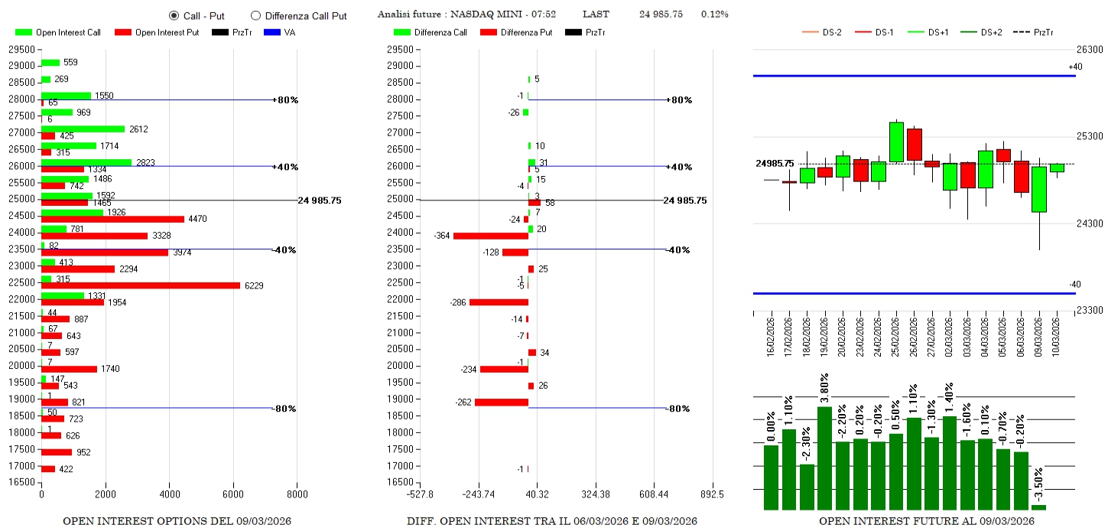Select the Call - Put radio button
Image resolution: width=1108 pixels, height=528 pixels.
point(174,15)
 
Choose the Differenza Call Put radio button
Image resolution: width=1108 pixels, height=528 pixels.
point(256,15)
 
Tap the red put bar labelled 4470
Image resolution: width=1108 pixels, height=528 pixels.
point(112,219)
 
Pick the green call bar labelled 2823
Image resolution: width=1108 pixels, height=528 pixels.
point(86,162)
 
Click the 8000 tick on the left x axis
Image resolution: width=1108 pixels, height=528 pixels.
point(297,494)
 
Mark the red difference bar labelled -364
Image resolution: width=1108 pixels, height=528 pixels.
point(490,236)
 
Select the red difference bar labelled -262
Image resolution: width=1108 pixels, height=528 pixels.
point(502,403)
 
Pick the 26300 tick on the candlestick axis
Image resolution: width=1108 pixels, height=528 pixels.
point(1089,49)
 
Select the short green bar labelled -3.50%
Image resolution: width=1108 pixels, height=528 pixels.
point(1038,507)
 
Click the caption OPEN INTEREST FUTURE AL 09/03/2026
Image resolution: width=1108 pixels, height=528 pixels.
point(926,521)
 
